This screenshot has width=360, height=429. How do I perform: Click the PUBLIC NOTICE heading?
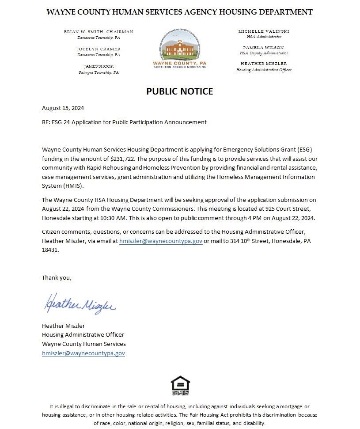coord(179,91)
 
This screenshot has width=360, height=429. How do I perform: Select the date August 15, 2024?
coord(63,108)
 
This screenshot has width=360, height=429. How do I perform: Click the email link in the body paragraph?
coord(161,241)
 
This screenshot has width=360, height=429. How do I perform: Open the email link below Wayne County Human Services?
coord(83,353)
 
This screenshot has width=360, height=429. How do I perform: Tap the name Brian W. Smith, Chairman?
coord(98,32)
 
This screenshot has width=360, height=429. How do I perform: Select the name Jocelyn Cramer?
coord(98,49)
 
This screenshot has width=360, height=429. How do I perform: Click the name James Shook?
coord(99,66)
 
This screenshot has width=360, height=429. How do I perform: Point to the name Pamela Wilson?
coord(263,47)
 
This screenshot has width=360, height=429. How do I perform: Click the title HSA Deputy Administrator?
coord(263,53)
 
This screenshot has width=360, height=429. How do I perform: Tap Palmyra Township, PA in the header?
coord(99,72)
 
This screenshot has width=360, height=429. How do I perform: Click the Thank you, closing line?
coord(57,277)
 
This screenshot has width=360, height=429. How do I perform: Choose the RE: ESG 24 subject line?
coord(124,122)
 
